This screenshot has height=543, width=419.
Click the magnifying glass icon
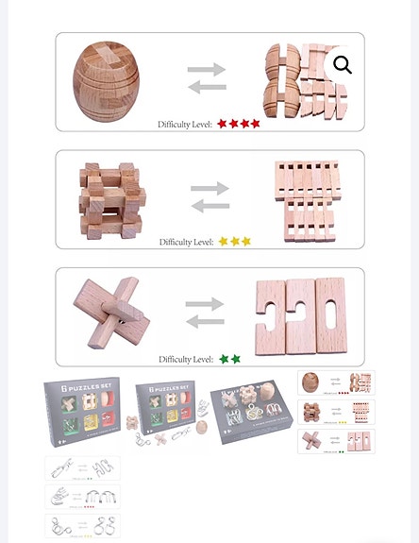(x=343, y=64)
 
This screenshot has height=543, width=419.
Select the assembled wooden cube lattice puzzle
(x=112, y=199)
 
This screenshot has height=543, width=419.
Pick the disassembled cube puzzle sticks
(x=305, y=199)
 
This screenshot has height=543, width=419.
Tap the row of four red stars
(x=239, y=124)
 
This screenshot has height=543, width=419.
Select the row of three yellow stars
(x=235, y=242)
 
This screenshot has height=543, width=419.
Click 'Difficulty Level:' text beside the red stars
(x=185, y=125)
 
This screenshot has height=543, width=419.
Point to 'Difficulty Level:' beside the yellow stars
(x=186, y=243)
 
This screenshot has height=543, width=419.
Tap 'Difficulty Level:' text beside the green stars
(x=186, y=360)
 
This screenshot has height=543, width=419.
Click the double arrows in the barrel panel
(x=208, y=77)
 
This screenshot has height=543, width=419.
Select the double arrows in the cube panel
(x=210, y=197)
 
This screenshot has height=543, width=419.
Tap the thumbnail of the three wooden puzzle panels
(x=336, y=412)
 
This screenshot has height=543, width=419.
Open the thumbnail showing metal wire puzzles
(x=82, y=497)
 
